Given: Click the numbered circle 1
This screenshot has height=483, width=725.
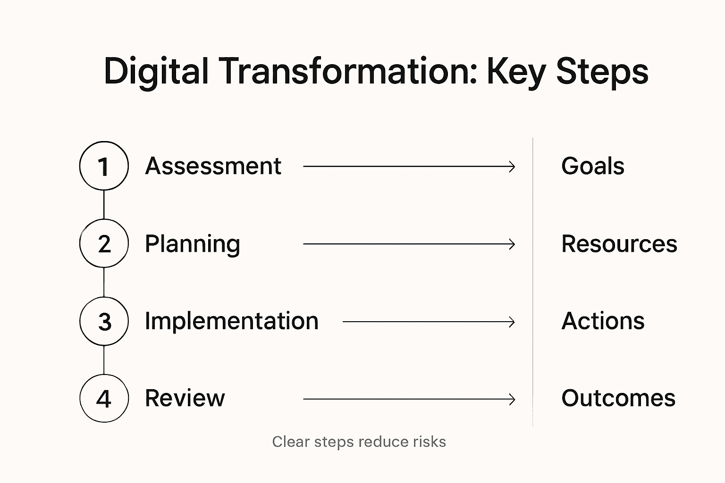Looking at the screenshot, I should tap(104, 166).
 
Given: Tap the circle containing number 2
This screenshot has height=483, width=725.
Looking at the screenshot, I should tap(104, 243).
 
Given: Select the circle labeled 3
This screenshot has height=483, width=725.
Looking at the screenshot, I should tap(104, 321).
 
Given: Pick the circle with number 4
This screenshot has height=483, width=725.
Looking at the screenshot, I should tap(104, 399).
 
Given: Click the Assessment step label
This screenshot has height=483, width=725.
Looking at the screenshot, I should tap(213, 166).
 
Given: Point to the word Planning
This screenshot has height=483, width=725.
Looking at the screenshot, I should tap(192, 244).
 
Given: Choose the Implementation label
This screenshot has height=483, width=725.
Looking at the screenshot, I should tap(231, 321).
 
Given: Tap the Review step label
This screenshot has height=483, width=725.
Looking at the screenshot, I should tap(185, 399).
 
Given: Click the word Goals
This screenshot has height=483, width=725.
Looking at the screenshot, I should tap(592, 166).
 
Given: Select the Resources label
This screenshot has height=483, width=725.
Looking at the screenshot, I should tap(619, 244).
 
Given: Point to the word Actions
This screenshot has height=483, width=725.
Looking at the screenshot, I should tap(603, 321).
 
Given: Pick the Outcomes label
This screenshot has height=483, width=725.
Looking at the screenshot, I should tap(618, 399).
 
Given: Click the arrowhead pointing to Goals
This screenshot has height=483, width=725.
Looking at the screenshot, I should tap(512, 167).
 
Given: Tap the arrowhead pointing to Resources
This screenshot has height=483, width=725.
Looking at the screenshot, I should tap(512, 244).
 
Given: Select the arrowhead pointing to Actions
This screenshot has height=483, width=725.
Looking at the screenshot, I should tap(512, 322).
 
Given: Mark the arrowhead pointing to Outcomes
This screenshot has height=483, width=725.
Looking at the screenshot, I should tap(512, 400).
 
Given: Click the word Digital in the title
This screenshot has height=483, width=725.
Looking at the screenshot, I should tap(156, 72).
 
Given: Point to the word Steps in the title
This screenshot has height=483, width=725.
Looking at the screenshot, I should tap(602, 72).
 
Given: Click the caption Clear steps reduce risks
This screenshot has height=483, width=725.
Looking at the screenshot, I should tap(359, 442).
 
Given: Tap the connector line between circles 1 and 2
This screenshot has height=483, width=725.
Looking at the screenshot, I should tap(104, 205).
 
